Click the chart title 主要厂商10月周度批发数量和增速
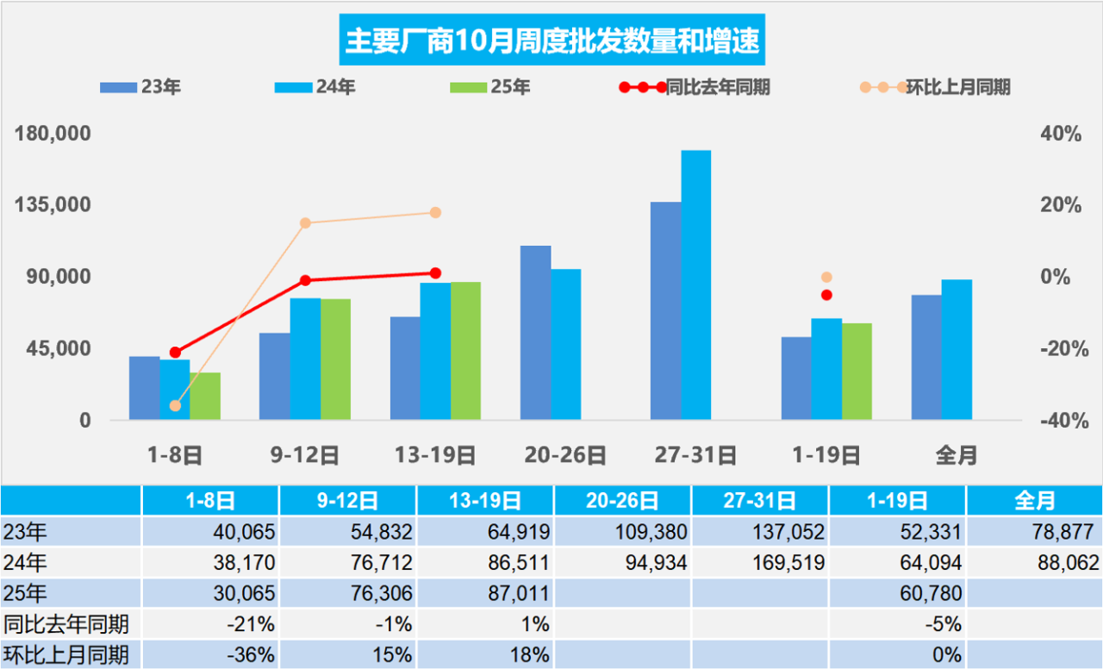[551, 41]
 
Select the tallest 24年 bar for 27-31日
[696, 284]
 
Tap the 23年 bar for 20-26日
[535, 333]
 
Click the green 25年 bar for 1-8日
[205, 397]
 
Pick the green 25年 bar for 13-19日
[466, 351]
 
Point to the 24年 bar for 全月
[957, 349]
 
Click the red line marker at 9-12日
[305, 280]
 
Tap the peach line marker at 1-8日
[176, 406]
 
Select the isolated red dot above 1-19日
[826, 295]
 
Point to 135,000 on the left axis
[55, 205]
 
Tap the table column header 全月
[1034, 500]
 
